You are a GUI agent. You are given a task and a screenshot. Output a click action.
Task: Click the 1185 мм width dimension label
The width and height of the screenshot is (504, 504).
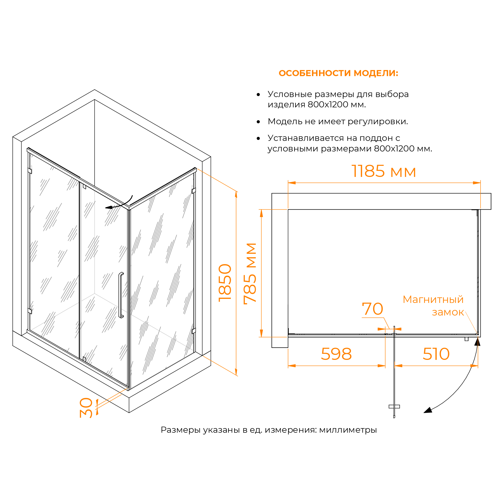tap(383, 171)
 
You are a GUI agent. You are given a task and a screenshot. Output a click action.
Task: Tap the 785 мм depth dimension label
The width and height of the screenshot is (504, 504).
tap(250, 274)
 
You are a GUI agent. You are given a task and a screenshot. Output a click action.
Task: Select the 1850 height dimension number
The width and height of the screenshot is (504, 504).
tap(225, 283)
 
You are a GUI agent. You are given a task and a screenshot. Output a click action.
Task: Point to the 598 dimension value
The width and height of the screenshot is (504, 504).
tap(336, 354)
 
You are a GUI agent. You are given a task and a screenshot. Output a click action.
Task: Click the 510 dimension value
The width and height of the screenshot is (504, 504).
tap(436, 354)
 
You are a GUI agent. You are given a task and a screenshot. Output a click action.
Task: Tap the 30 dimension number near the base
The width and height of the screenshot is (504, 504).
tap(86, 408)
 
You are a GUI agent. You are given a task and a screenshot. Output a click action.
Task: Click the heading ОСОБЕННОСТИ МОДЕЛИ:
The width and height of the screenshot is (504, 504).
tap(338, 73)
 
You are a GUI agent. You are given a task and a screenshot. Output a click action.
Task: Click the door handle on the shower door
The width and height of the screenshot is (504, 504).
tap(121, 295)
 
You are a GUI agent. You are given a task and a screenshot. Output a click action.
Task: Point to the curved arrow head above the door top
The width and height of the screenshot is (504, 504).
tap(109, 208)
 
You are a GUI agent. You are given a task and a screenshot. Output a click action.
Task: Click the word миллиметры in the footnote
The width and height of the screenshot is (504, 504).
tap(348, 430)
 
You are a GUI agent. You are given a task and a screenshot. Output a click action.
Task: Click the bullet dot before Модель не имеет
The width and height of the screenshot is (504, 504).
tap(258, 122)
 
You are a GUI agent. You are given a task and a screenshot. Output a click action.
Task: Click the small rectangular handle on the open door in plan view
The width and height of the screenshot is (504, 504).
tap(394, 407)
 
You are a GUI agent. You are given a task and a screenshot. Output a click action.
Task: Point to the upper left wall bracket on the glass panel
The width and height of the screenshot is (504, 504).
tap(30, 171)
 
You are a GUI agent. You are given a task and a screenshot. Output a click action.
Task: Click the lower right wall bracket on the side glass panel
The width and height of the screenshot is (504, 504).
tap(194, 331)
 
